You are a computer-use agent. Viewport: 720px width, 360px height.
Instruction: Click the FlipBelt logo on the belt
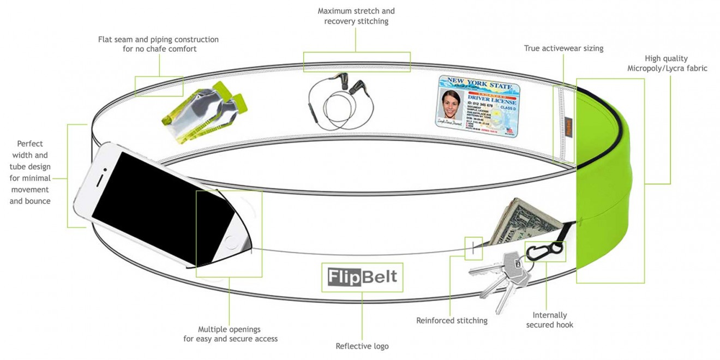coord(362,277)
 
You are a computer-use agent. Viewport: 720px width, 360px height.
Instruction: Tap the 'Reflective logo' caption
coord(362,346)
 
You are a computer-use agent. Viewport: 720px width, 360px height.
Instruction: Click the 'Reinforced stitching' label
coord(452,320)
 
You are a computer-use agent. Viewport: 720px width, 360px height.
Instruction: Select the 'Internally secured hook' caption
coord(549,320)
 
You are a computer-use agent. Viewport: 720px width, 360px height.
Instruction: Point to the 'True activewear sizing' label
coord(563,48)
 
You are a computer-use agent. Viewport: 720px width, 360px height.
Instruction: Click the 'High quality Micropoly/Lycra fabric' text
coord(667,63)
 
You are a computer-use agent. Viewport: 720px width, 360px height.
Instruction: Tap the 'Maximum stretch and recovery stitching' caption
coord(356,16)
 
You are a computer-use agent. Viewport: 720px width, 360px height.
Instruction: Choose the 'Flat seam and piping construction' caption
coord(158,44)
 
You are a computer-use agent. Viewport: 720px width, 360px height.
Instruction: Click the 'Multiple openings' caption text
coord(230,334)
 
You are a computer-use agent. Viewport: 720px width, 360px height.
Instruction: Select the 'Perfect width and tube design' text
coord(30,172)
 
